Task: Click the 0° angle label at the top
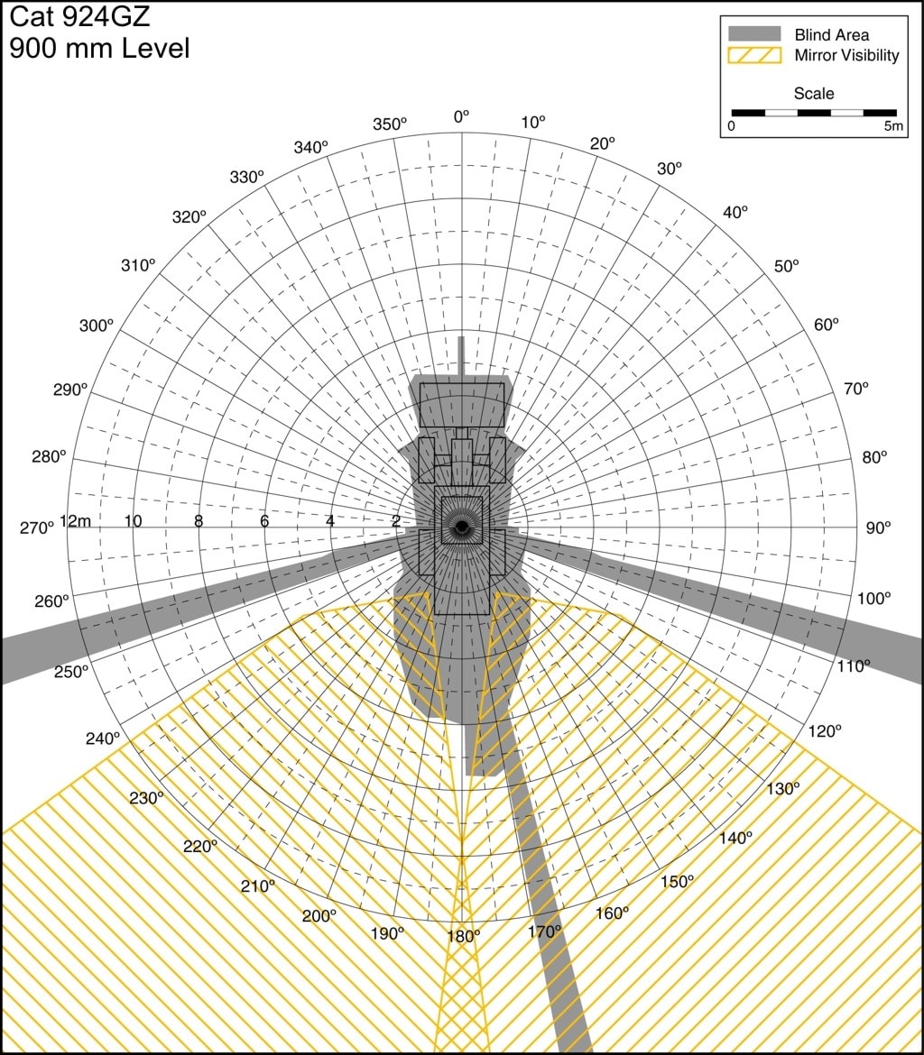coord(461,117)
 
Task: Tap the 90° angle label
coord(878,528)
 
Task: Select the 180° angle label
coord(464,936)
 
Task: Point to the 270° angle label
coord(36,528)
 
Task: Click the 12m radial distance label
coord(76,521)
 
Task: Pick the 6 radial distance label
coord(264,521)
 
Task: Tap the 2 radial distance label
coord(396,521)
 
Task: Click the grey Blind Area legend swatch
coord(754,34)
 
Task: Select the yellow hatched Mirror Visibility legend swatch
coord(754,55)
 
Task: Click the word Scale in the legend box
coord(814,94)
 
